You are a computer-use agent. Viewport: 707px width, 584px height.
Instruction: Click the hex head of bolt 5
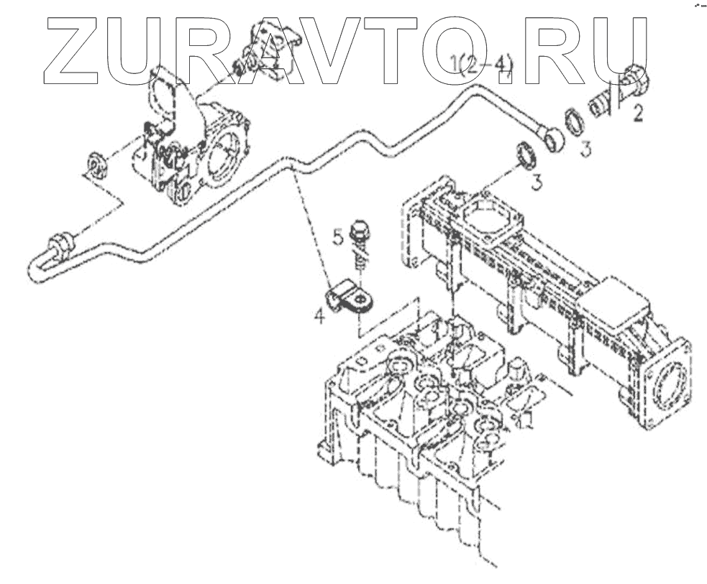coord(359,231)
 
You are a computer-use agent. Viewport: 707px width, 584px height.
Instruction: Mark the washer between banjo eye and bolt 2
coord(573,122)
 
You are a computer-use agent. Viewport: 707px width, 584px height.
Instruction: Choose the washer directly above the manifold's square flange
coord(527,157)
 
